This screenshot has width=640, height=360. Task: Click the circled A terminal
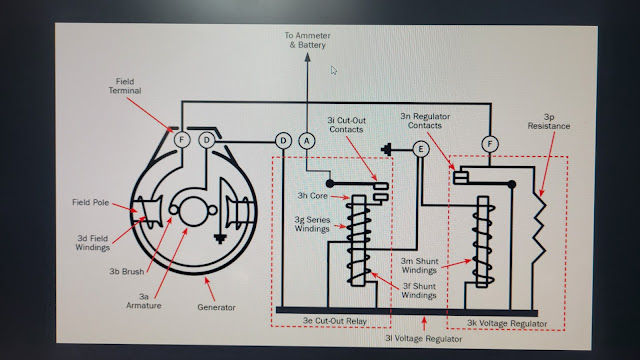click(307, 141)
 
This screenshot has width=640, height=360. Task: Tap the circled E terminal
click(420, 149)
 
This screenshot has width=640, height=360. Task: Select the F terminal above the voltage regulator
click(490, 144)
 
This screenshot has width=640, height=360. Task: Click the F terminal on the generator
click(182, 140)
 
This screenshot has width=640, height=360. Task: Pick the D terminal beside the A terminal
click(283, 141)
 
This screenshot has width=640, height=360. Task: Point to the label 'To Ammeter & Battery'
click(307, 40)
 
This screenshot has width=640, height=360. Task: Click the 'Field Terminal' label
click(125, 86)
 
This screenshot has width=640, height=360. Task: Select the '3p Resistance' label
click(549, 122)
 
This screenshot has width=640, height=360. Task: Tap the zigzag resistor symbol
click(539, 229)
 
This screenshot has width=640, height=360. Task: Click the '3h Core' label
click(312, 196)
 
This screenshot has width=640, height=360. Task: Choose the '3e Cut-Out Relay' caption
click(335, 321)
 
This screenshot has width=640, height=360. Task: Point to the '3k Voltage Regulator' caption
click(507, 324)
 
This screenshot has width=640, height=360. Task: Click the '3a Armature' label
click(144, 301)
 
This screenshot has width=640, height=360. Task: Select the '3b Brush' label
click(127, 271)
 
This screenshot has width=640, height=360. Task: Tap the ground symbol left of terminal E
click(386, 149)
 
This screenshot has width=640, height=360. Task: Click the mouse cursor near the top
click(333, 70)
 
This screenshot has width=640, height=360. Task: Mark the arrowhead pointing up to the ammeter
click(307, 57)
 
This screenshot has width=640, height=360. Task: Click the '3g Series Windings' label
click(312, 224)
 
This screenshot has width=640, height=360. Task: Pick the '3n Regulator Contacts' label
click(425, 121)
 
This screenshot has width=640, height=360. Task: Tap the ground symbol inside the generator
click(220, 239)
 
